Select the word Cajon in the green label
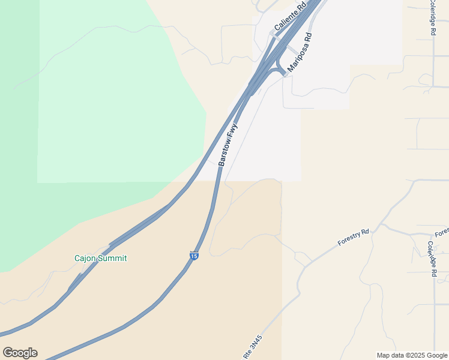pyautogui.click(x=85, y=259)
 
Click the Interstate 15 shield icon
pyautogui.click(x=193, y=256)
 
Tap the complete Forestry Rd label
pyautogui.click(x=353, y=238)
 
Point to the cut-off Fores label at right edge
pyautogui.click(x=441, y=232)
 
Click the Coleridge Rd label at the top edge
pyautogui.click(x=432, y=19)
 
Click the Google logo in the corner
pyautogui.click(x=20, y=353)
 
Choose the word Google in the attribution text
pyautogui.click(x=438, y=355)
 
